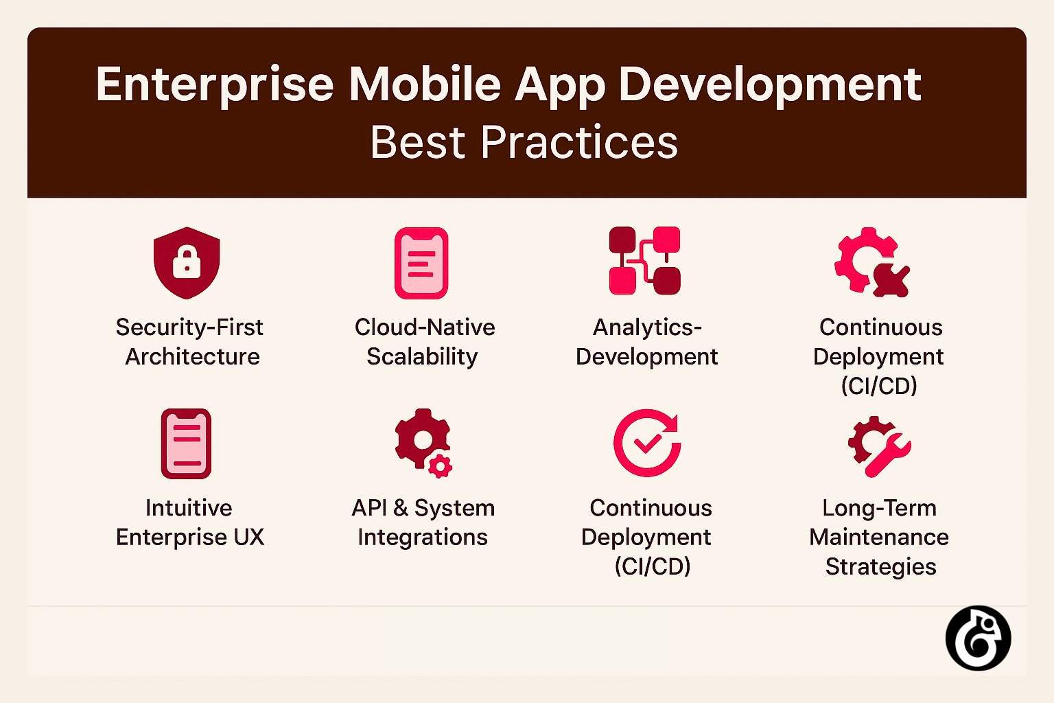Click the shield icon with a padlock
[187, 262]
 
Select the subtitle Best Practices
[524, 143]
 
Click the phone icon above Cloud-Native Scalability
[421, 263]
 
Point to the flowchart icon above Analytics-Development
[645, 261]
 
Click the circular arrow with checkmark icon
[646, 443]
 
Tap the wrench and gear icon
[879, 446]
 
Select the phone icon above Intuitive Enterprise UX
[186, 443]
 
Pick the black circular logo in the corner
[978, 638]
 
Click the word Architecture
[192, 357]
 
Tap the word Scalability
[422, 357]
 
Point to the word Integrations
[423, 537]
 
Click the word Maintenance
[879, 537]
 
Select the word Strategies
[880, 567]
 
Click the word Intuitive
[189, 508]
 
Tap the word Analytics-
[647, 327]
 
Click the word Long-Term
[879, 508]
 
